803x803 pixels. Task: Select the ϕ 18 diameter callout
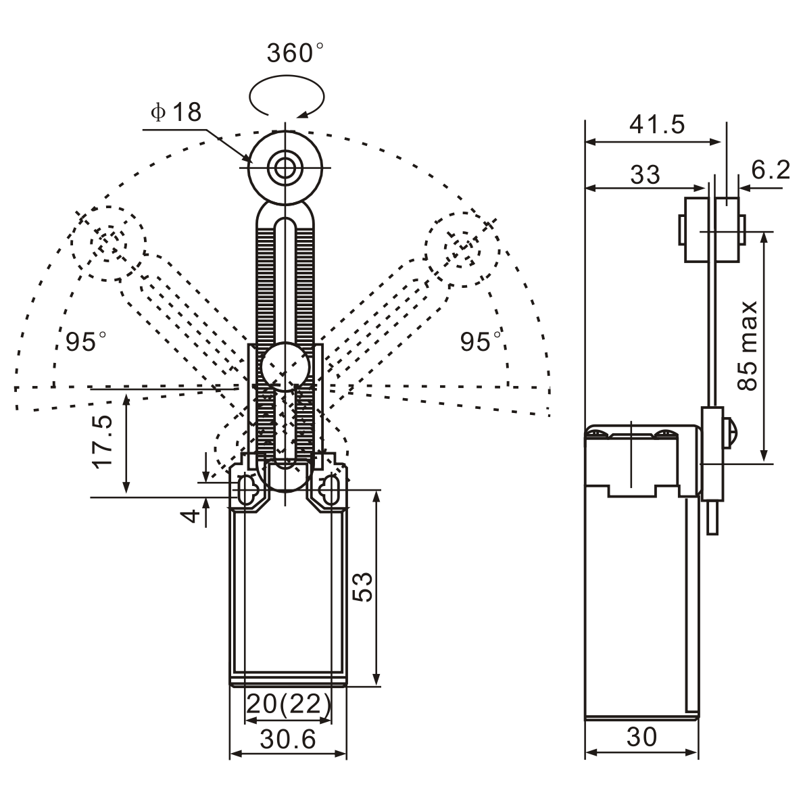click(176, 112)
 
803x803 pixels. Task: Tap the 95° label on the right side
click(481, 341)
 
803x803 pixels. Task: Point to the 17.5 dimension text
click(103, 441)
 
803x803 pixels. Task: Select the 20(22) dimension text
click(288, 704)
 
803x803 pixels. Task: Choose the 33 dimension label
click(645, 174)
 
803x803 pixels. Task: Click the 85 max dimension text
click(748, 345)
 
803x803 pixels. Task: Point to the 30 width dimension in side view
click(641, 737)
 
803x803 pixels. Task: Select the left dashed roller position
click(108, 243)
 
